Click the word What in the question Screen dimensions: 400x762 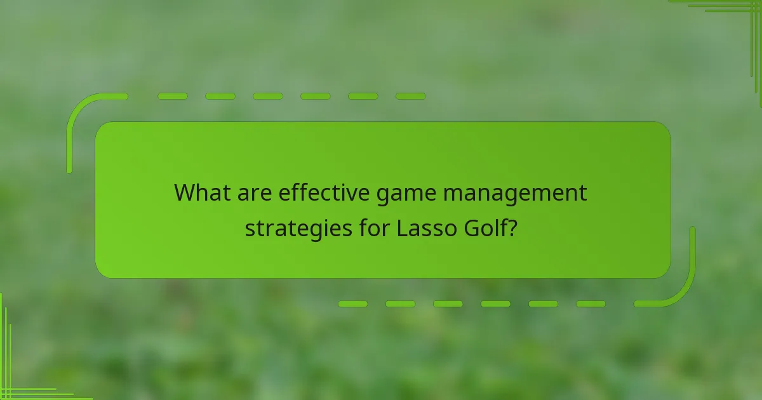coord(201,192)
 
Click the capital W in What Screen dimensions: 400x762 coord(185,192)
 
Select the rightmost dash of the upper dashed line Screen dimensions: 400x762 coord(410,97)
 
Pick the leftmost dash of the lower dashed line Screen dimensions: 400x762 coord(352,304)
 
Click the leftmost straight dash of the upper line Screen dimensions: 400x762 coord(173,97)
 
